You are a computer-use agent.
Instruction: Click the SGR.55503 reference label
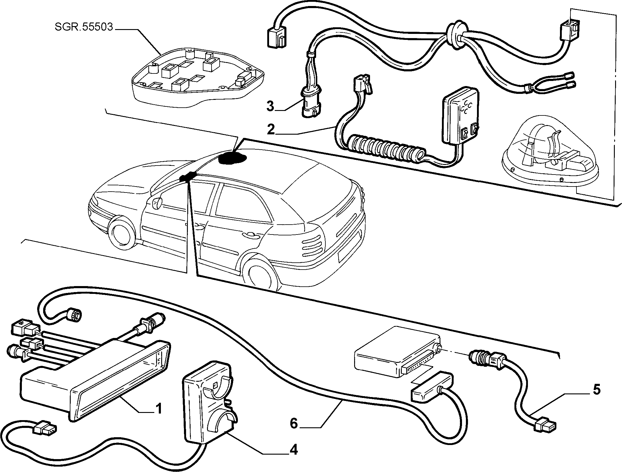click(x=84, y=27)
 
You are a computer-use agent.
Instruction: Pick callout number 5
click(x=597, y=390)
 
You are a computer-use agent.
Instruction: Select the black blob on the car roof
click(x=232, y=158)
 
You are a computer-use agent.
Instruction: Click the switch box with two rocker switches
click(x=460, y=118)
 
